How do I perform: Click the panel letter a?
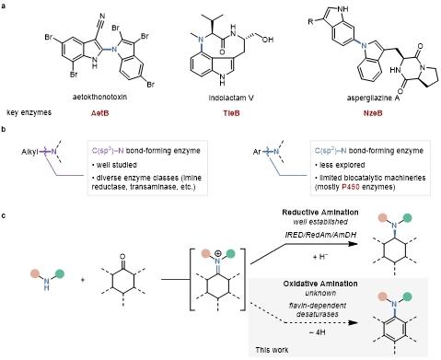pos(5,6)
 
